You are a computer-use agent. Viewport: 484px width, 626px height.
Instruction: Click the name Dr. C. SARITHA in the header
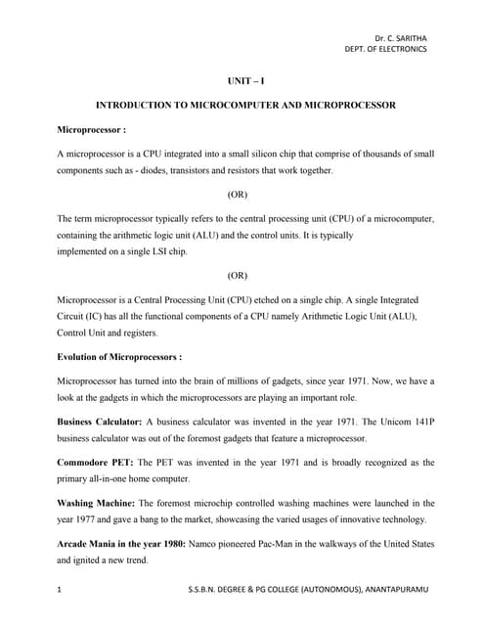point(401,38)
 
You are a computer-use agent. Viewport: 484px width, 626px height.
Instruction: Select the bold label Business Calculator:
point(101,422)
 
